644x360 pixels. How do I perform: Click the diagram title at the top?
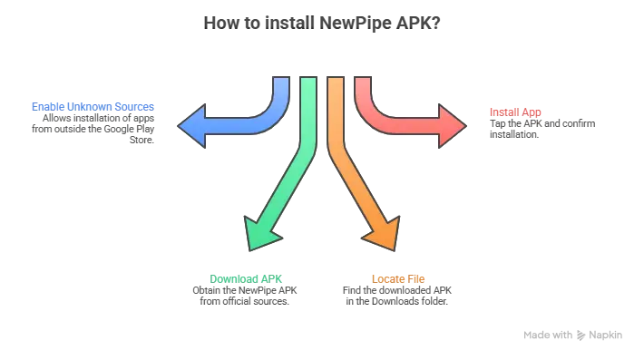pos(321,21)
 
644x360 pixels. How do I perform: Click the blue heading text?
pos(93,108)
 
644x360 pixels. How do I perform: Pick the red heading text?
pos(515,112)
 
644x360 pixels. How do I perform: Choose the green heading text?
pos(246,276)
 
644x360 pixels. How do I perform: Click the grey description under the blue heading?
pos(94,132)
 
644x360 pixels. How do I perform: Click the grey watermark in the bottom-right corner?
pos(574,334)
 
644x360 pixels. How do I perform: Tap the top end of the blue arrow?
pos(280,81)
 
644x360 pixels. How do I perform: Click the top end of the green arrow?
pos(308,81)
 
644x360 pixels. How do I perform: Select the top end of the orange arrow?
pos(336,81)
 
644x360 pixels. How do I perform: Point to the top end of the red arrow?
pos(363,81)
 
